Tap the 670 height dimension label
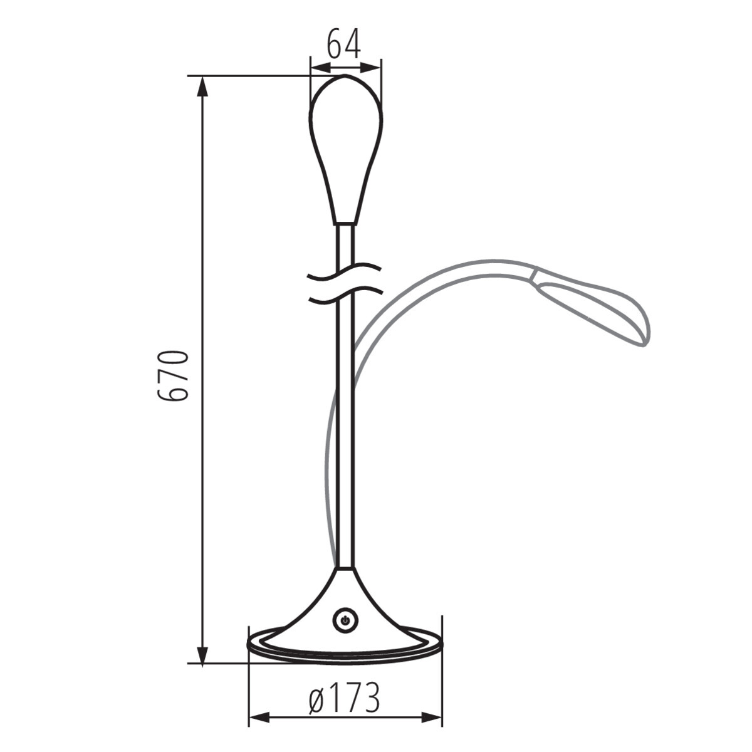click(172, 376)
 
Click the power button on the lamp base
click(344, 620)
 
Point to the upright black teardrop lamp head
click(345, 144)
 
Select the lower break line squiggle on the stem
click(345, 295)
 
